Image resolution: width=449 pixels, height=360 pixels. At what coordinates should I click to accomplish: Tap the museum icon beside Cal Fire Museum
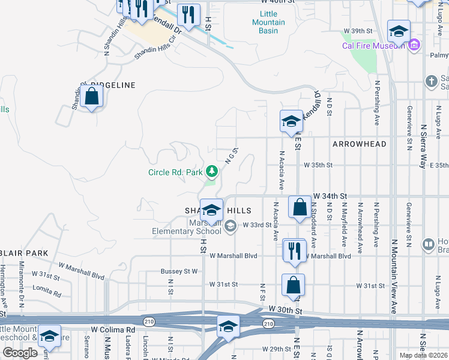point(414,45)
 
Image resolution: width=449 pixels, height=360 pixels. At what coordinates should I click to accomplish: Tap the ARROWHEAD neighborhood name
point(359,144)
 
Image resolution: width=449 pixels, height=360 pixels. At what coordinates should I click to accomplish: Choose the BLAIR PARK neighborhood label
point(23,253)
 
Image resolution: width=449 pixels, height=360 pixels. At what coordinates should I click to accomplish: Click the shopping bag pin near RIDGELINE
point(91,97)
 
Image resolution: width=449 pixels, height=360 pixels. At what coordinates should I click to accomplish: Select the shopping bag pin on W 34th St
point(299,207)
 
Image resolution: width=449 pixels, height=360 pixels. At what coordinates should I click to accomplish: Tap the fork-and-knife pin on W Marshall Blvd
point(294,250)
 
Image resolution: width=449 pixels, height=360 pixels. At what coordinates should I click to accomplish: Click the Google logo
point(20,353)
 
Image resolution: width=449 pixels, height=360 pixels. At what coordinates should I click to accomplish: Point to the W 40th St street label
point(282,2)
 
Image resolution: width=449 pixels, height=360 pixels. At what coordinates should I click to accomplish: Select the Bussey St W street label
point(179,271)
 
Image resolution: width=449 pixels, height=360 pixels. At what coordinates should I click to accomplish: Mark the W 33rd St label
point(258,224)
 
